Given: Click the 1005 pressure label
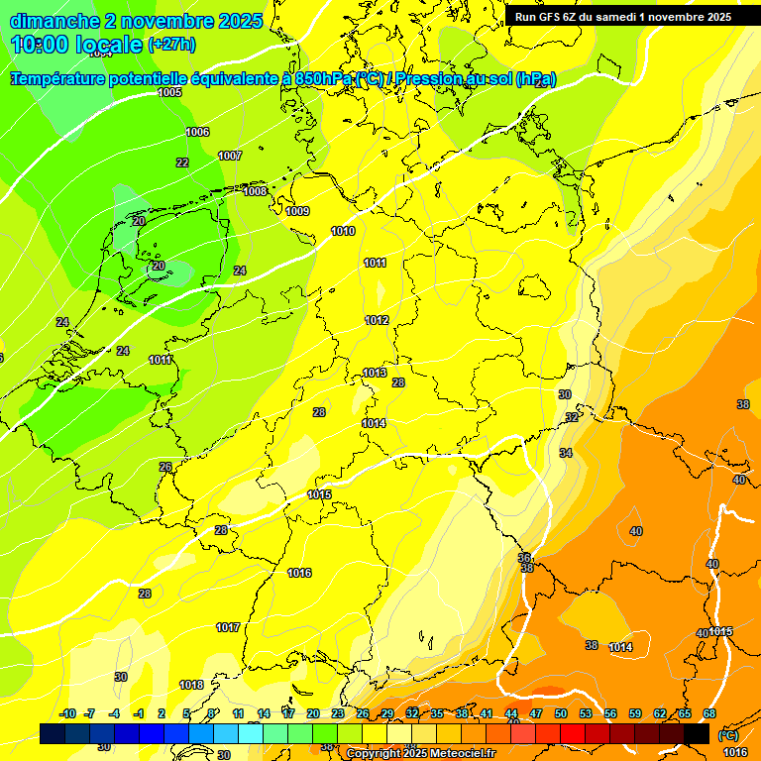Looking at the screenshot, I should pyautogui.click(x=169, y=92).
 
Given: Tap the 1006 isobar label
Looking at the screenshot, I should pyautogui.click(x=197, y=132).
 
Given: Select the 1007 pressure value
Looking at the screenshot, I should pyautogui.click(x=230, y=156).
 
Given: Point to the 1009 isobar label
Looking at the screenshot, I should pyautogui.click(x=297, y=211).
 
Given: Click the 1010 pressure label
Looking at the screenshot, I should pyautogui.click(x=343, y=231).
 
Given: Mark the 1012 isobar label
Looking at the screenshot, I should pyautogui.click(x=377, y=320).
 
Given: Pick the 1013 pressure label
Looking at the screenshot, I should pyautogui.click(x=374, y=373).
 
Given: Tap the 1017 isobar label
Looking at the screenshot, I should pyautogui.click(x=228, y=627).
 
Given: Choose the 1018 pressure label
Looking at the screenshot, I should pyautogui.click(x=191, y=685).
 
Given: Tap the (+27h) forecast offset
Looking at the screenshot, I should pyautogui.click(x=171, y=44).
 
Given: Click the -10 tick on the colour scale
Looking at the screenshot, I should pyautogui.click(x=67, y=713).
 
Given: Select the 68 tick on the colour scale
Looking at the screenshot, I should pyautogui.click(x=709, y=713).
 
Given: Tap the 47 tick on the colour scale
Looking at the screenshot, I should pyautogui.click(x=536, y=713).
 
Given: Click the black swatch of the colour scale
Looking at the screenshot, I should pyautogui.click(x=697, y=733).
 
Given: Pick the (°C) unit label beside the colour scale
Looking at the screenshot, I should pyautogui.click(x=726, y=735).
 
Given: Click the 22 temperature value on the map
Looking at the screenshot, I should pyautogui.click(x=182, y=163).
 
